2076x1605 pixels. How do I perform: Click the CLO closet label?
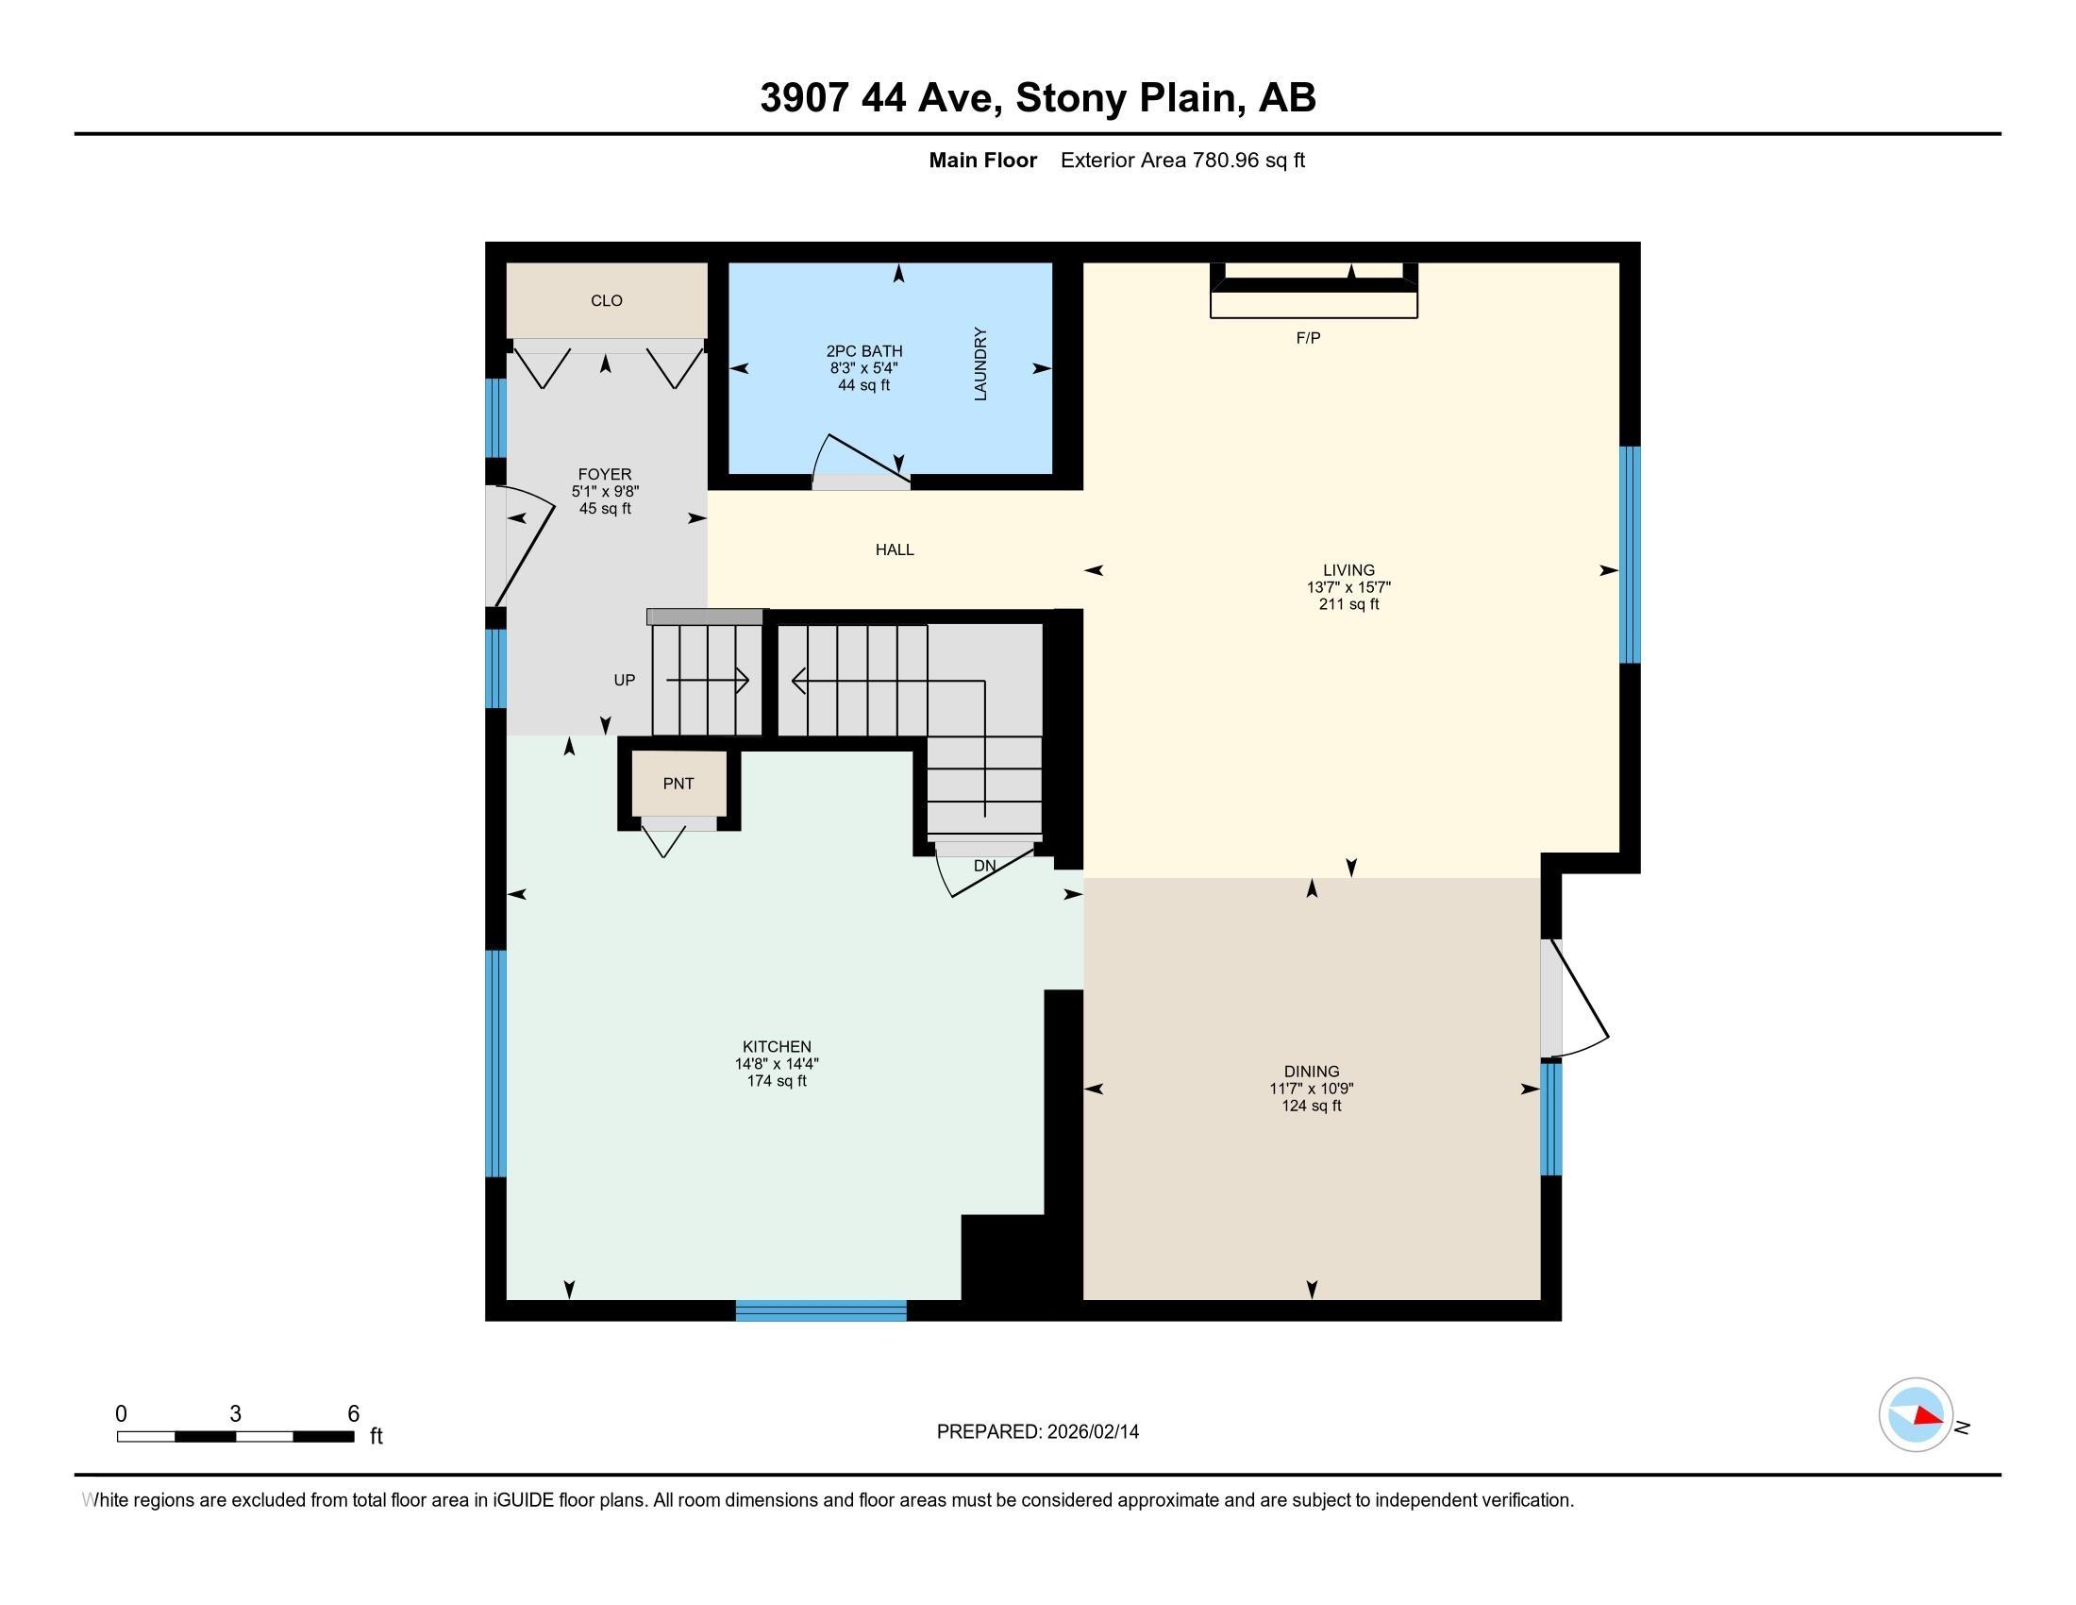point(607,300)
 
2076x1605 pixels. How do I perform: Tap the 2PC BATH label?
point(864,351)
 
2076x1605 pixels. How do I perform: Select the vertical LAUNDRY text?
point(981,364)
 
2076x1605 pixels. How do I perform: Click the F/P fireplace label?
point(1308,338)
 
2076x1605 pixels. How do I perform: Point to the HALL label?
point(895,549)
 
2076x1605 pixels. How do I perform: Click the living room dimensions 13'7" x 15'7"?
point(1348,587)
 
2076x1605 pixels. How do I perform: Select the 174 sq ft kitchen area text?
point(777,1081)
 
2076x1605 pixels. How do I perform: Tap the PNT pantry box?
point(678,784)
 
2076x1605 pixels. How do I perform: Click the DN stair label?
point(985,866)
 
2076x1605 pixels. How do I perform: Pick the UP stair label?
point(625,680)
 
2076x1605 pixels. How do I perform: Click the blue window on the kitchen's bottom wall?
point(820,1311)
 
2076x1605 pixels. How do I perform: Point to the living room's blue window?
point(1630,554)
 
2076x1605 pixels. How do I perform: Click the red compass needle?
point(1928,1417)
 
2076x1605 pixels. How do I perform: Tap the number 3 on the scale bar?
point(235,1414)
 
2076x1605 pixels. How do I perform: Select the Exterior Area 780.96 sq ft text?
point(1182,160)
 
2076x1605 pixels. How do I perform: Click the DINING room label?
point(1311,1072)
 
